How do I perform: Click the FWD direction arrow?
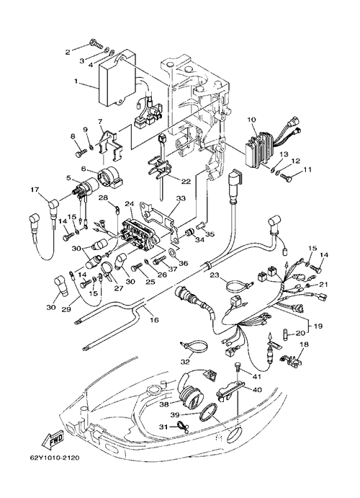coord(53,439)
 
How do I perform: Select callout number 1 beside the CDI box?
coord(76,81)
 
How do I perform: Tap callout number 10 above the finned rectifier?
coord(251,120)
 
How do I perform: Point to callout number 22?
coord(186,182)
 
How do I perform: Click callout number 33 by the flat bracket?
coord(181,199)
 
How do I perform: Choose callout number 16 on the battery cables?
coord(154,320)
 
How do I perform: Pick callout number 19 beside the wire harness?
coord(318,326)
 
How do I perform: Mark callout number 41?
coord(257,377)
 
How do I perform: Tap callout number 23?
coord(215,275)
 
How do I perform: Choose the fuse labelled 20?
coord(285,334)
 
